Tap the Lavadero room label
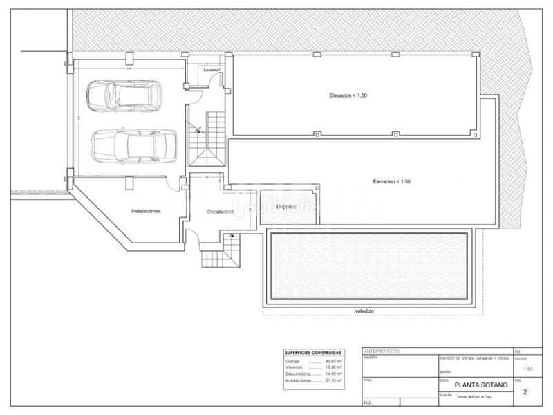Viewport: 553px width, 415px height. pos(212,71)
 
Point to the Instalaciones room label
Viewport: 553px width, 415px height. pos(146,211)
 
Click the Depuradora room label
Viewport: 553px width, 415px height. pos(221,212)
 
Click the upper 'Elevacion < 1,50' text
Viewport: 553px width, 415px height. pos(348,95)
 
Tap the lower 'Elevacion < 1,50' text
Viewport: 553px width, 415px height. pos(391,181)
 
